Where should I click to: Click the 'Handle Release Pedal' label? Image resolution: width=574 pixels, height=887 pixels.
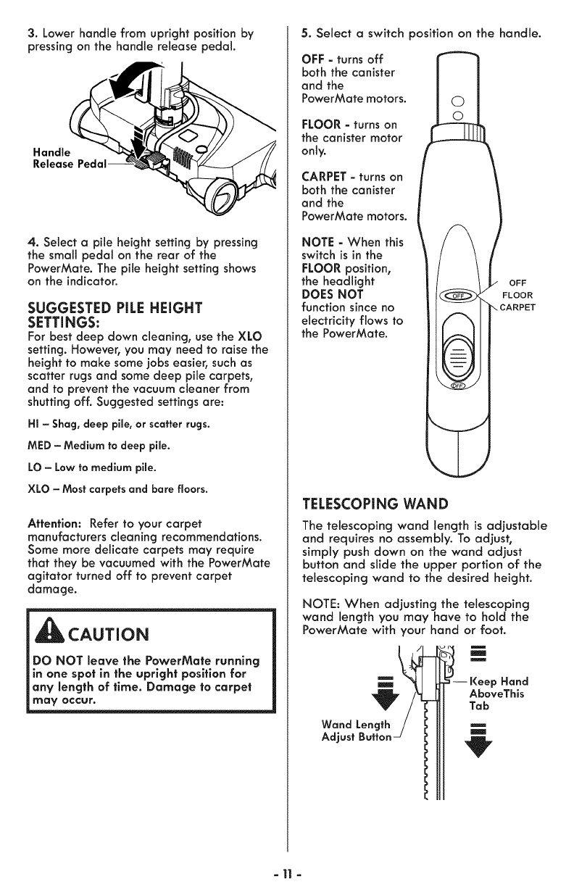64,159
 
